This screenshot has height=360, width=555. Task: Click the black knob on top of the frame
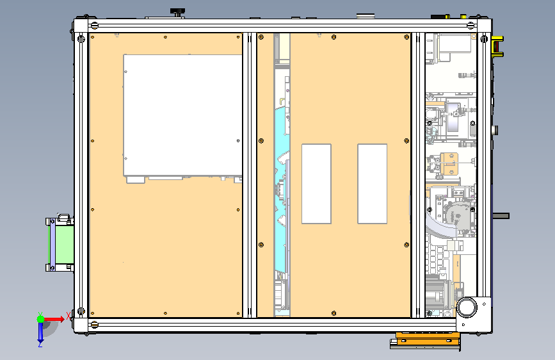click(177, 12)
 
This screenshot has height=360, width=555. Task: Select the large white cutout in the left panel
click(182, 115)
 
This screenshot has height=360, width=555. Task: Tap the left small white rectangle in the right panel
click(316, 184)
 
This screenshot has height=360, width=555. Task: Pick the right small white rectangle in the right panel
click(373, 184)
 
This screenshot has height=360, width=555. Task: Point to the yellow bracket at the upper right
click(497, 46)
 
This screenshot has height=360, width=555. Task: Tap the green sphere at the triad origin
click(41, 319)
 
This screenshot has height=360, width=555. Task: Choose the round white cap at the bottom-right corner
click(467, 307)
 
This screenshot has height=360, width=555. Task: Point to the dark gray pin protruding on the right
click(501, 216)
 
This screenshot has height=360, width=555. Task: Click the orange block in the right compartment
click(449, 163)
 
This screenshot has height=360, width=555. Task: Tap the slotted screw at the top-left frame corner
click(94, 26)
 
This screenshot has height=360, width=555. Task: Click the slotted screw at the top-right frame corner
click(471, 26)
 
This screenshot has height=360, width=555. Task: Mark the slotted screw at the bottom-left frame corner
click(94, 324)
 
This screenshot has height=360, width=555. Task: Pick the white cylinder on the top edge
click(366, 16)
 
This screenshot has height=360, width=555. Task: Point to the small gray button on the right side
click(495, 130)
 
